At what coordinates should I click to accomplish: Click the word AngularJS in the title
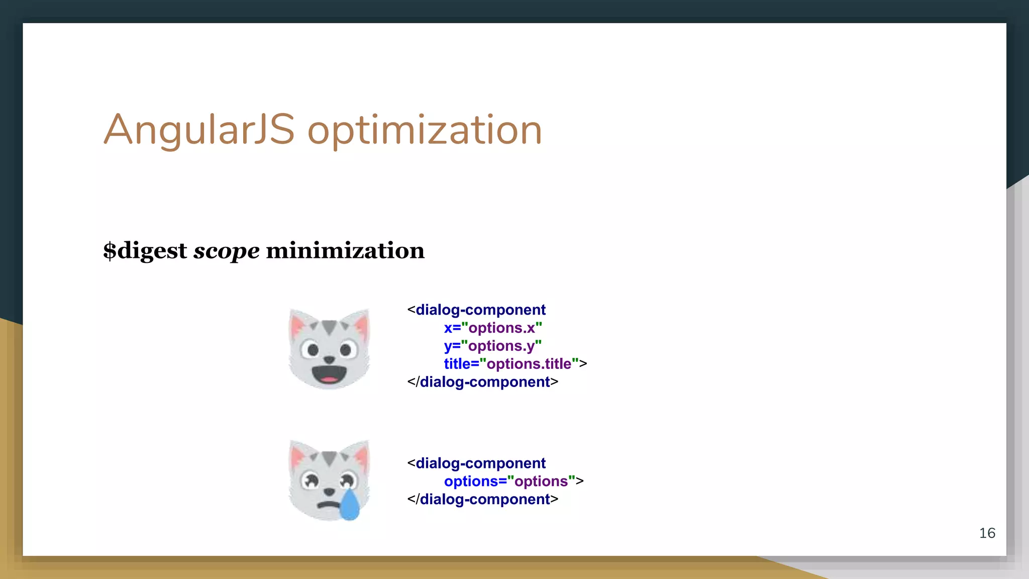[198, 130]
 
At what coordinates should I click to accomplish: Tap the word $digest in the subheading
[145, 251]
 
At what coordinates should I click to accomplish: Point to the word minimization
[345, 250]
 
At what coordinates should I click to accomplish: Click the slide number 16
[987, 533]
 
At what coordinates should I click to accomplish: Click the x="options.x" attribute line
[492, 328]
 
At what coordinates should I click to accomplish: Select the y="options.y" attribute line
[492, 346]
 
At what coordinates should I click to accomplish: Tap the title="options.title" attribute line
[514, 364]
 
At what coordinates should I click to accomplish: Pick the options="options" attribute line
[512, 481]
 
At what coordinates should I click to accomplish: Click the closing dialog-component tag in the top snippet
[482, 382]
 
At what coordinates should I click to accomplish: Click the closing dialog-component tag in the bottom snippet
[482, 500]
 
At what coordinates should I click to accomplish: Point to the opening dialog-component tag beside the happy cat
[476, 310]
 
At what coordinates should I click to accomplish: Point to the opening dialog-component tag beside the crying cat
[476, 463]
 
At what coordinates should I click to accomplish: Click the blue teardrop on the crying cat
[350, 505]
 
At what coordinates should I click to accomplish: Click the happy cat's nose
[329, 359]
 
